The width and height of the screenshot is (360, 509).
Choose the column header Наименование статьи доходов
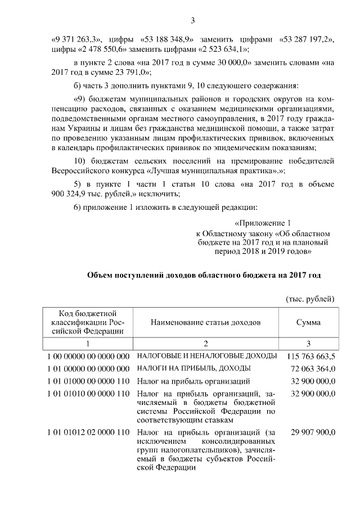(206, 322)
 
